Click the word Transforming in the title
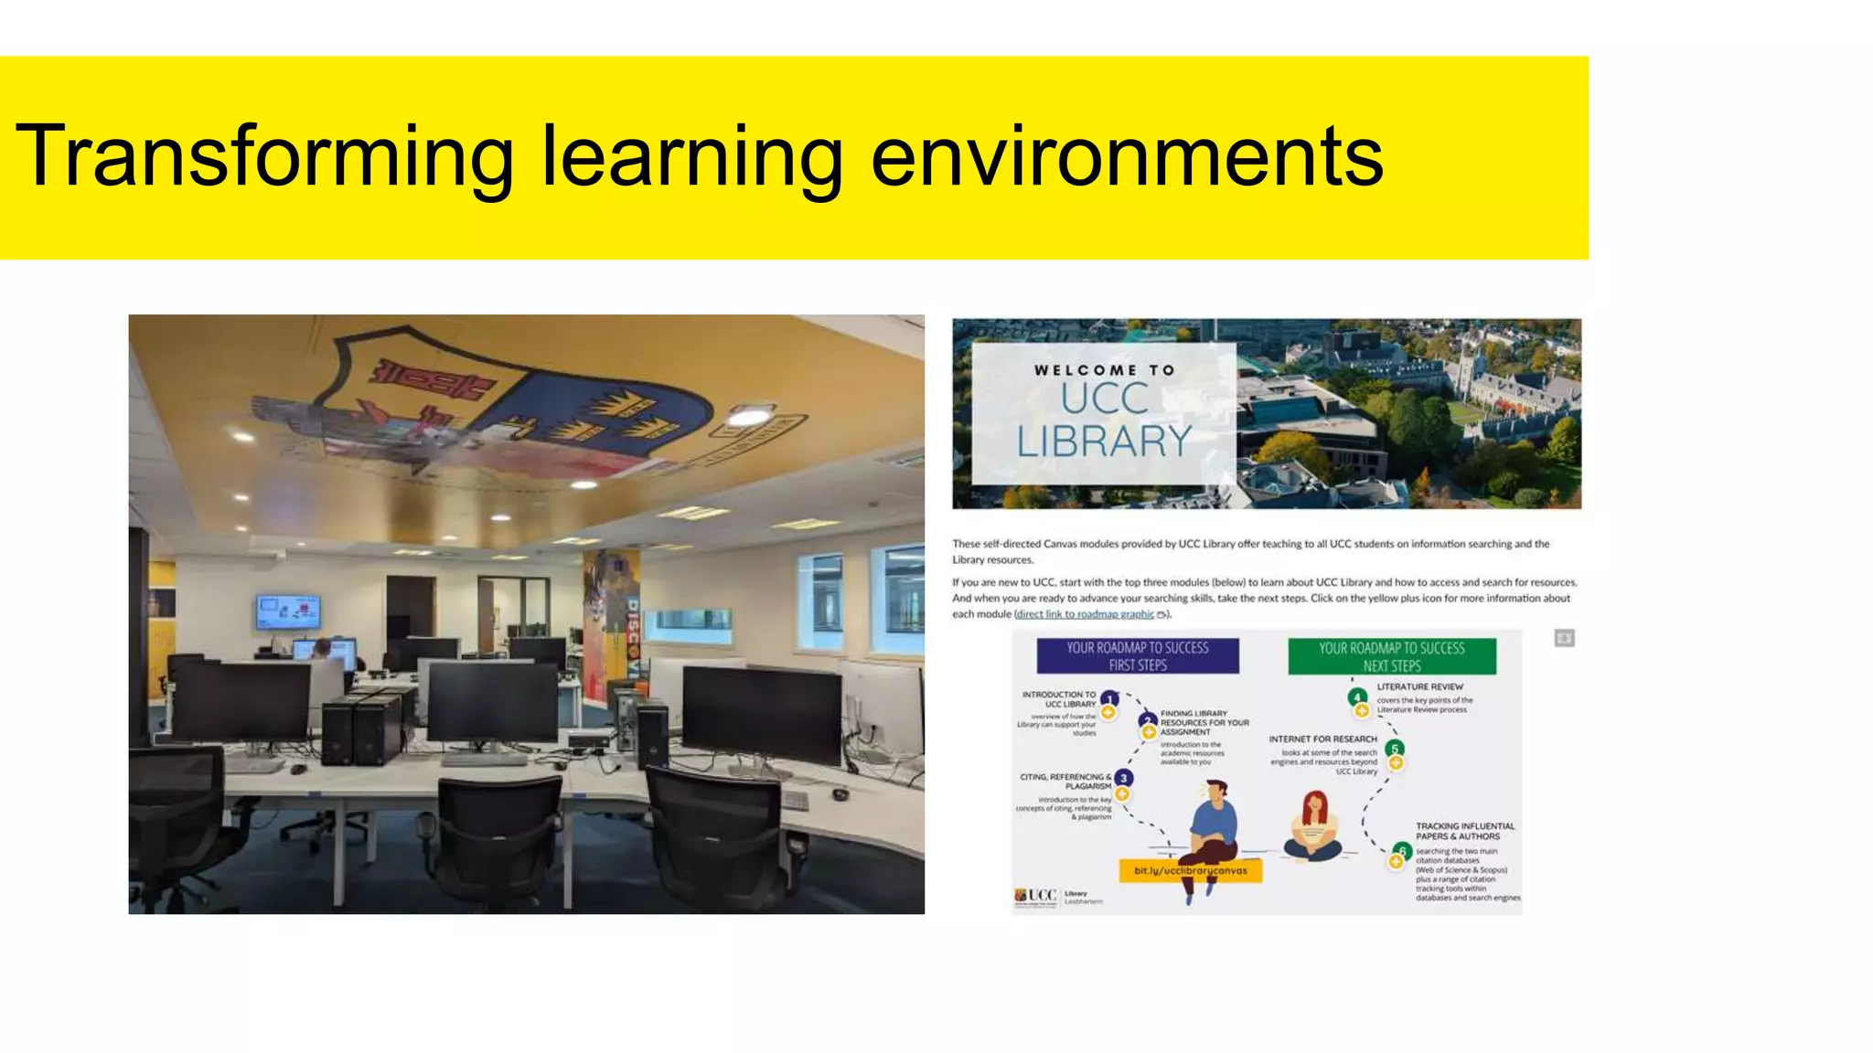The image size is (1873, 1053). (265, 156)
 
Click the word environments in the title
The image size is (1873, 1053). (1127, 156)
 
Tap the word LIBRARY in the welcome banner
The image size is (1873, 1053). (1104, 441)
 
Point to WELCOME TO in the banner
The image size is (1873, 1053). (1104, 370)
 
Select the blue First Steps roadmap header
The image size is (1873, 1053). (1138, 656)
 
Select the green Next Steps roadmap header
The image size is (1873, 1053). (1392, 656)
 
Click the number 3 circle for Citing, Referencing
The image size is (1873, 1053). (1123, 778)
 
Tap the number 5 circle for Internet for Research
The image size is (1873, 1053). (1395, 749)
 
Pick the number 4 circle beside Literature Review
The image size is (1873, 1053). (1357, 697)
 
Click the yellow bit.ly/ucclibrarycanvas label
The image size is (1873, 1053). (1191, 870)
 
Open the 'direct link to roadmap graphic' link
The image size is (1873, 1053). (1086, 614)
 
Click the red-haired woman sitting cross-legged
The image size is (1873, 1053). (1314, 825)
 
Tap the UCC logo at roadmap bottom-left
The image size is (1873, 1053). (1036, 896)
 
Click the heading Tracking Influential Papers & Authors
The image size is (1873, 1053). (1464, 831)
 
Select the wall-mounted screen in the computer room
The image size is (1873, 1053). (288, 611)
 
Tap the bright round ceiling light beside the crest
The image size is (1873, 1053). (748, 418)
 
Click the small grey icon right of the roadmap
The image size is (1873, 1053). (1564, 638)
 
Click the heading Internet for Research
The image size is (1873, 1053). (1322, 739)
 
